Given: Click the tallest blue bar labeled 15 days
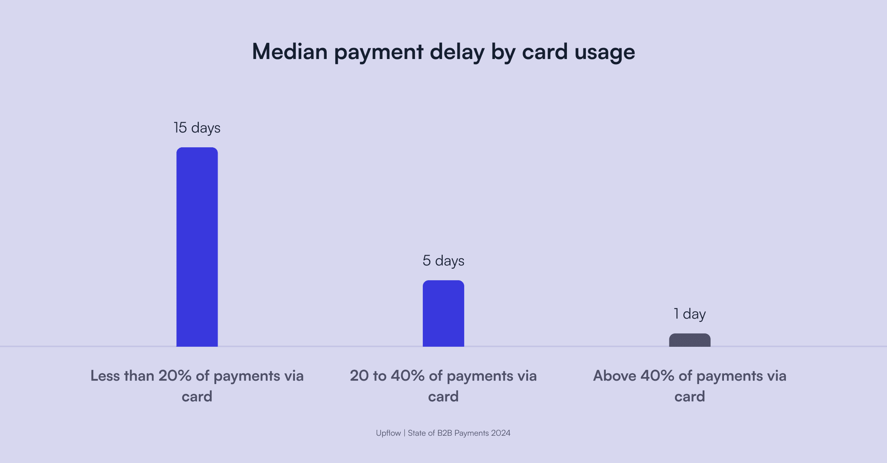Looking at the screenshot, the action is [x=197, y=247].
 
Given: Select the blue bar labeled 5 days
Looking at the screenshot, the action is [x=443, y=313].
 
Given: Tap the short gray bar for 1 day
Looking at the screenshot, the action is [x=690, y=340].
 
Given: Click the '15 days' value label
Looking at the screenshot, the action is [x=197, y=128].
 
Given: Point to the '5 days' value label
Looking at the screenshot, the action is [x=443, y=261].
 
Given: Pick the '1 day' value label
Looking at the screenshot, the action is [x=690, y=314].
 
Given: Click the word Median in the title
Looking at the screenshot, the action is [x=290, y=51].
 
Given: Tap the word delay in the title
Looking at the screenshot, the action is [x=457, y=52].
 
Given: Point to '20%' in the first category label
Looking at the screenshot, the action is [x=175, y=376].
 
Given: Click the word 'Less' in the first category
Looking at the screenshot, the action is [x=105, y=376].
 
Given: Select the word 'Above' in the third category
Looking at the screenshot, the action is [x=614, y=376].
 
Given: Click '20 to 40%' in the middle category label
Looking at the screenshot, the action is [x=387, y=376].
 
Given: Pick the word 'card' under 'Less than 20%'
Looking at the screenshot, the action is [x=197, y=397].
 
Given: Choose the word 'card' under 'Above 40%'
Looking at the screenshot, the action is [x=690, y=397].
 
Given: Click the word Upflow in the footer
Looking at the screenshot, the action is [x=389, y=433].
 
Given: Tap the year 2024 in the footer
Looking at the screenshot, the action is [x=501, y=433].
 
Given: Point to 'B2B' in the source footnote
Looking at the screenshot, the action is [x=445, y=433].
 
